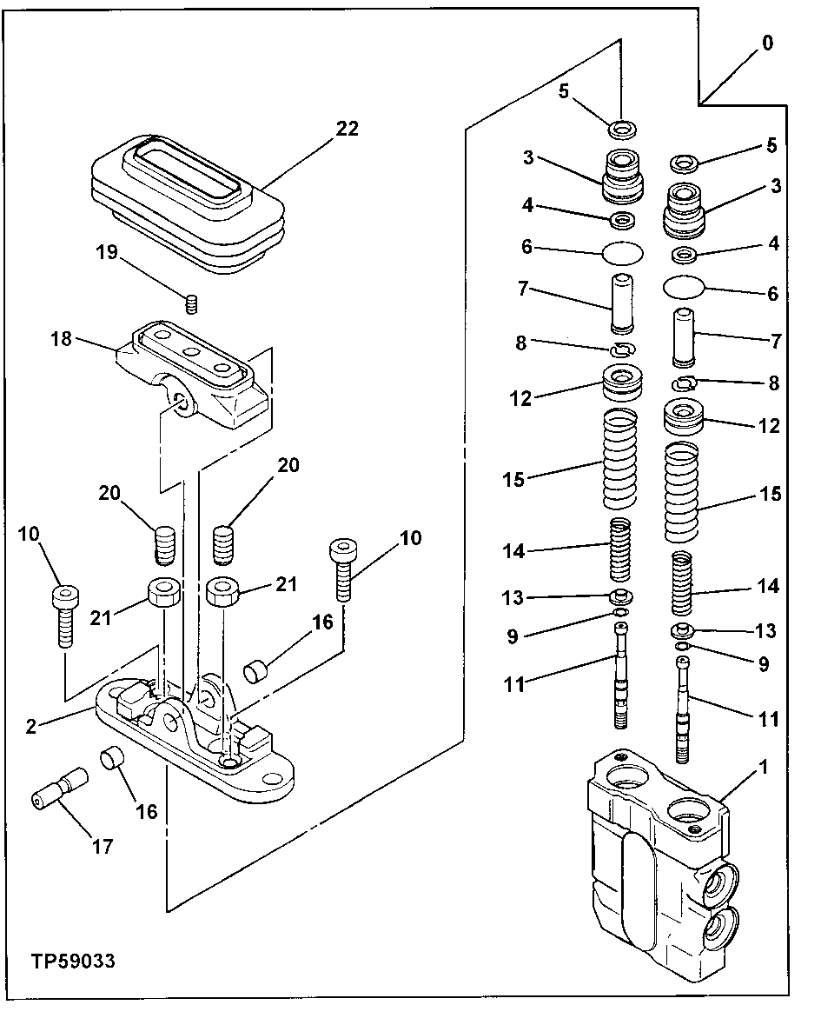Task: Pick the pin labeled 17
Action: coord(58,789)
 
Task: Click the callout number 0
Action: coord(767,43)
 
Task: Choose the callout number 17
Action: coord(102,845)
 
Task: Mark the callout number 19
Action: coord(107,253)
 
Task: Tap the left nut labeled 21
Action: coord(163,595)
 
